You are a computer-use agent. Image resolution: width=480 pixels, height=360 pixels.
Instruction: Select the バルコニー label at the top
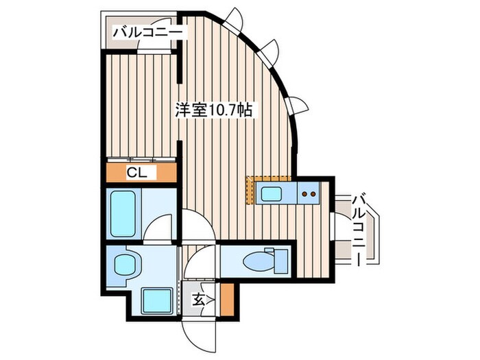point(148,32)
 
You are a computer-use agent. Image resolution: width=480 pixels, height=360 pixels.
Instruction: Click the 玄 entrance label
point(197,298)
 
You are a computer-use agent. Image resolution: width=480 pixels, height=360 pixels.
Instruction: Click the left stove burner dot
point(305,193)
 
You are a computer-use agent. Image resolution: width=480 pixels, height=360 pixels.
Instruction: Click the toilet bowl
point(255,261)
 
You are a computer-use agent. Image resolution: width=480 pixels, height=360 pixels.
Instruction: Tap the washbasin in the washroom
point(125,265)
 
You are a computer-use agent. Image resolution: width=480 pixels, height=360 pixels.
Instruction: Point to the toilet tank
point(279,261)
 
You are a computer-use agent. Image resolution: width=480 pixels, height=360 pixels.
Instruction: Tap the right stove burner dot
point(314,193)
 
